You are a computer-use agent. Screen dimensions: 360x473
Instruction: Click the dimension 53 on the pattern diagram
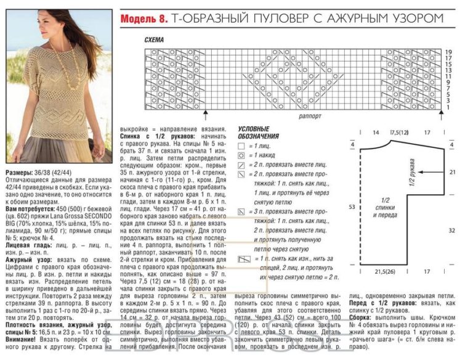[352, 207]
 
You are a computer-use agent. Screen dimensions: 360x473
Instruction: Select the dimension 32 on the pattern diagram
[452, 230]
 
